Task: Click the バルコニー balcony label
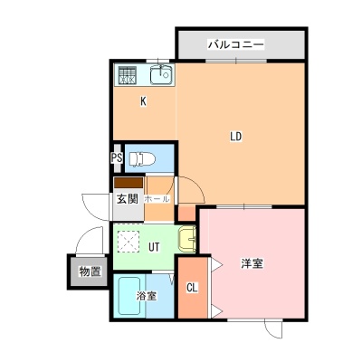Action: click(236, 44)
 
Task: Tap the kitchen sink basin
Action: click(161, 75)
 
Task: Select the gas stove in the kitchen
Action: click(127, 75)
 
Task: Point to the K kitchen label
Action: click(143, 101)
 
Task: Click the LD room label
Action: click(236, 137)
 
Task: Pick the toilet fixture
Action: click(142, 158)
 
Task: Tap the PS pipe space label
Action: click(117, 158)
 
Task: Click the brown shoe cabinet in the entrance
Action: click(129, 183)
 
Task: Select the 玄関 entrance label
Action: click(128, 199)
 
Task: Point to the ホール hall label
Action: click(157, 199)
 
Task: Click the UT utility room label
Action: click(154, 247)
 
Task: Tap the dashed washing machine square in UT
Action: click(129, 242)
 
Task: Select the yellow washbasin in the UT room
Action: click(187, 238)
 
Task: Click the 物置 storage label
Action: click(90, 271)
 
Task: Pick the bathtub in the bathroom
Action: click(129, 296)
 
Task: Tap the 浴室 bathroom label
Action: click(147, 296)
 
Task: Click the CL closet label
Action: click(192, 288)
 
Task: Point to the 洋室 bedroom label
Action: click(252, 263)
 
